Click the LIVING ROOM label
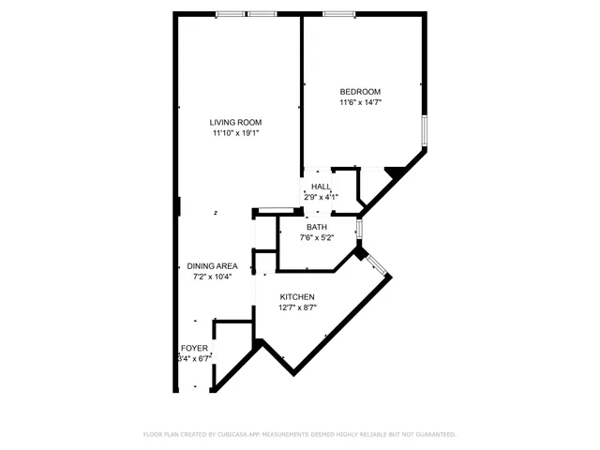pos(235,122)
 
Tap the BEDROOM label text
pos(360,91)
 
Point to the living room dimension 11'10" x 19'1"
pos(235,133)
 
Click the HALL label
pos(321,187)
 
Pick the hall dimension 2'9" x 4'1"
pos(321,197)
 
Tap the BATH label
pos(317,227)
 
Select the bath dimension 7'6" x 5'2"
pos(317,238)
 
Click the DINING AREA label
pos(212,266)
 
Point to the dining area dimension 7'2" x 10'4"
pos(212,277)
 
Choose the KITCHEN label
pos(297,297)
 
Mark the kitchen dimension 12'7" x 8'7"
pos(297,308)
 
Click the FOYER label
pos(194,348)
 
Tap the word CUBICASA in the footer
pos(234,435)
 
